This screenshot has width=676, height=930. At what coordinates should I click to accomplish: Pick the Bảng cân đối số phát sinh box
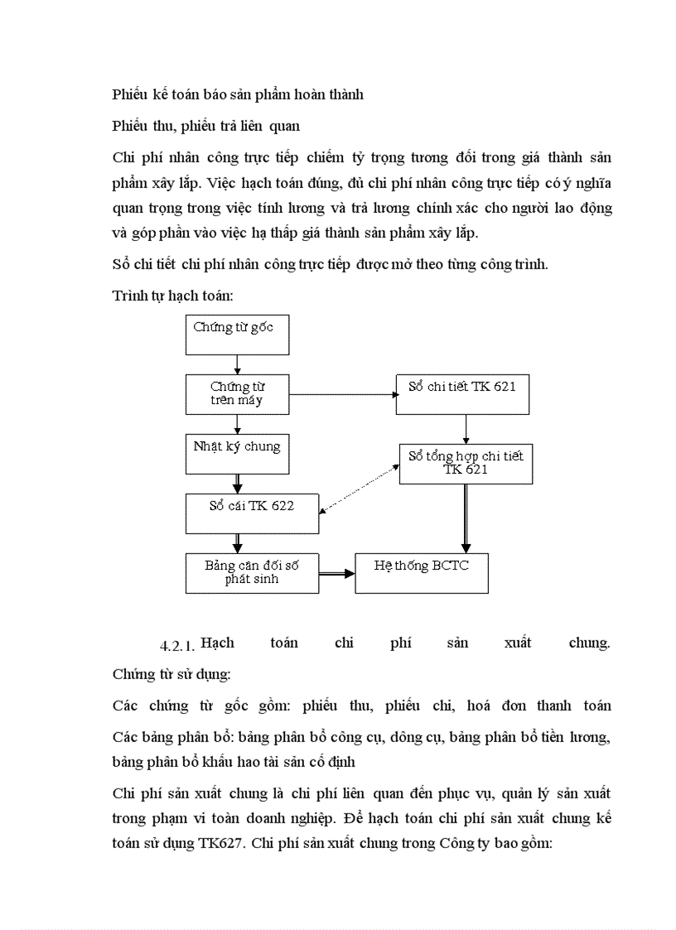(252, 573)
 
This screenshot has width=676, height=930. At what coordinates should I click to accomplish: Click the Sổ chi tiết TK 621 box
(462, 394)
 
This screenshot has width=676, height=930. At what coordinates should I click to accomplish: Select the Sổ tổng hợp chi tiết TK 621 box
(466, 464)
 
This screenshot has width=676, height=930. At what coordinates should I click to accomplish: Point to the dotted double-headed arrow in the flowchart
(360, 489)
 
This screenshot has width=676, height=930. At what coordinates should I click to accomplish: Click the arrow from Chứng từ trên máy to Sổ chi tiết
(341, 394)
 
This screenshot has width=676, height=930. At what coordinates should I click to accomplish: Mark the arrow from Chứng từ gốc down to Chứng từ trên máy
(237, 364)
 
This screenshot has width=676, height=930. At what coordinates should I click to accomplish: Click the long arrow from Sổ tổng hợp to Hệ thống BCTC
(466, 518)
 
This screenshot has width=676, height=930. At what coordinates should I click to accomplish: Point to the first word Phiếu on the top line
(130, 94)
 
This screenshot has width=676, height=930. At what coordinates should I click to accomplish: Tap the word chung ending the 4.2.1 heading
(589, 643)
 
